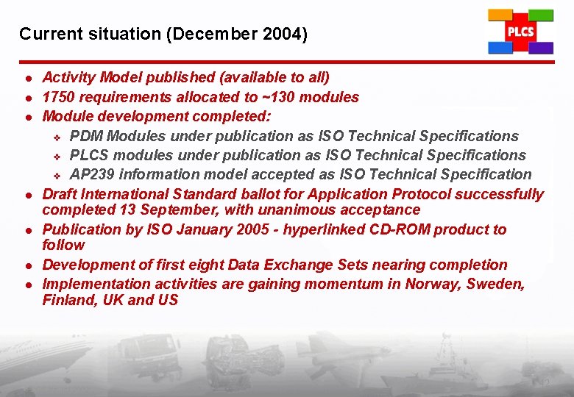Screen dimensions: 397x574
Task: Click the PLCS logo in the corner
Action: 520,32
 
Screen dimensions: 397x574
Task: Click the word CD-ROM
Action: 398,229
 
